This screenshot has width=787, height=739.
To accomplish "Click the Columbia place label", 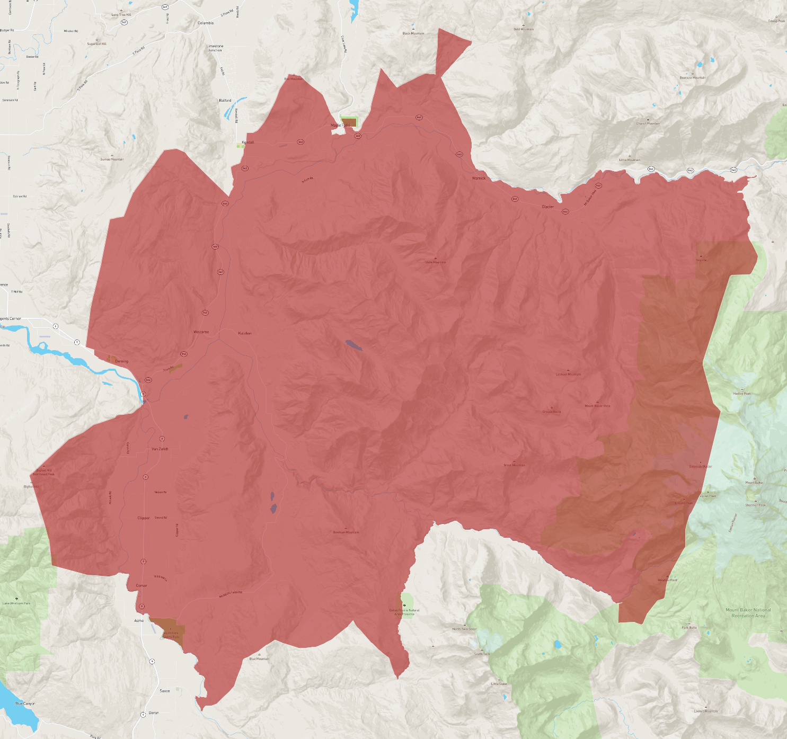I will pos(206,23).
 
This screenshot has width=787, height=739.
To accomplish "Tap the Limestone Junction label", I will pos(215,48).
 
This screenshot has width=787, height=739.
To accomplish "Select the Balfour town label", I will pos(225,100).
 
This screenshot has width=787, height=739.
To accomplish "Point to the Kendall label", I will pos(248,143).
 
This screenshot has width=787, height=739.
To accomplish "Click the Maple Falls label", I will pos(340,126).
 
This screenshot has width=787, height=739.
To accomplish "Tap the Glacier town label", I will pos(548,207).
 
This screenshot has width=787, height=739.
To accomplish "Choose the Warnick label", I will pos(479,179).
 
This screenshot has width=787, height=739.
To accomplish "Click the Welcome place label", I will pos(201,332).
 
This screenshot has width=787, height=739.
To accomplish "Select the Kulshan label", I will pos(245,333).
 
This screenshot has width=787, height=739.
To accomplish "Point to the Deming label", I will pos(122,361).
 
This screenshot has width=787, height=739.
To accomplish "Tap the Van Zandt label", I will pos(160,449).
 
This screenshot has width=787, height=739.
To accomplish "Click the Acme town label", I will pos(139,620).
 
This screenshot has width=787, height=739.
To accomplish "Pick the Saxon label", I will pos(165,691).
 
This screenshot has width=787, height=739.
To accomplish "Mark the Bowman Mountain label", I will pos(346,532).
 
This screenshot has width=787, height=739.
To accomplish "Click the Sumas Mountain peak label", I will pos(112,159).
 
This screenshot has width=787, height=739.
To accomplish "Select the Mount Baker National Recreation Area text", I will pos(748,613).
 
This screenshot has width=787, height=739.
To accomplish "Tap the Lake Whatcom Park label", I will pos(16,603).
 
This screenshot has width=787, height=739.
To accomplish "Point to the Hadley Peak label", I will pos(742,394).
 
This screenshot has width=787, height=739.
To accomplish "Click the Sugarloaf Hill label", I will pos(97,44).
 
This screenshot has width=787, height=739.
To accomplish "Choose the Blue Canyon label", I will pos(25,704).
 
